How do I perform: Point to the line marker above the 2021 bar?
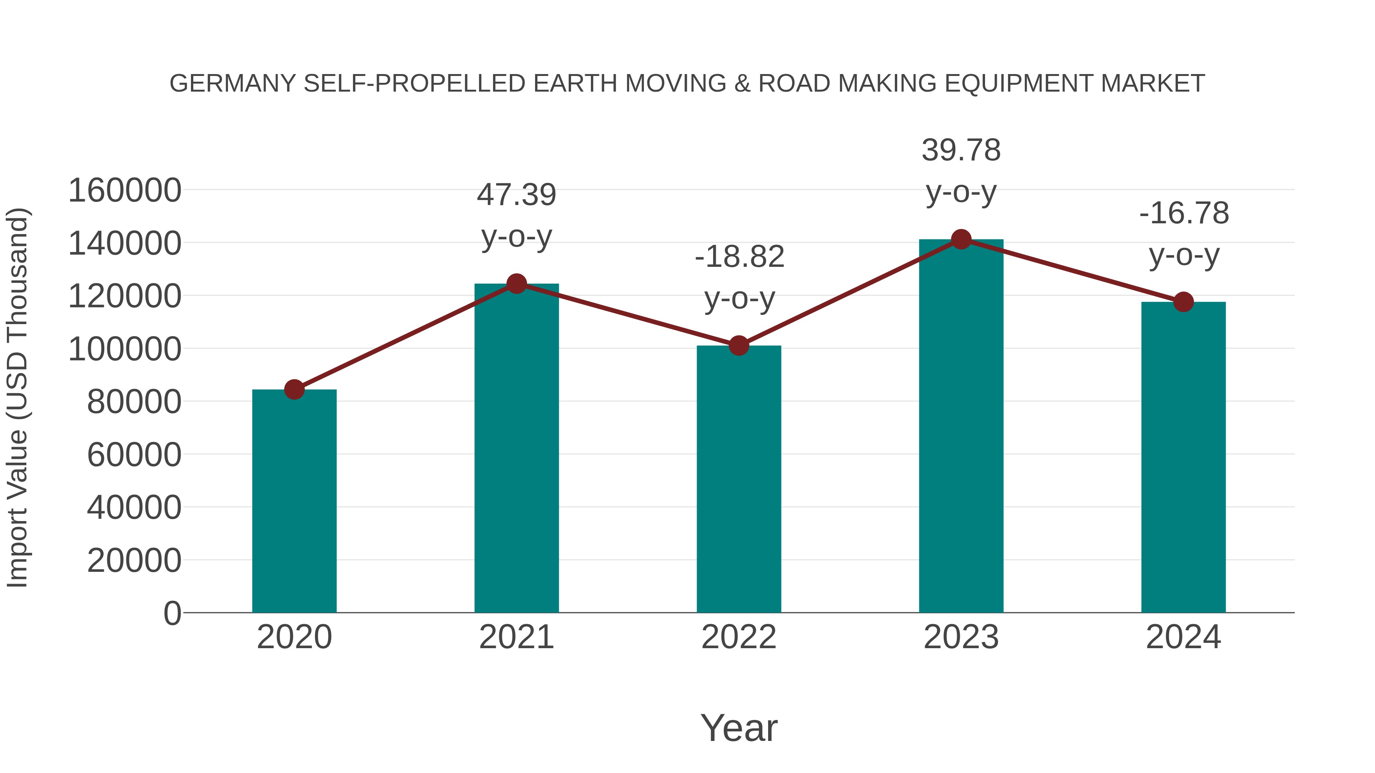[516, 284]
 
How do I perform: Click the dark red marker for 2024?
[1183, 302]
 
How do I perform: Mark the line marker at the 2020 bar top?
[294, 389]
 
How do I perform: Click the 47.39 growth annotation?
[516, 195]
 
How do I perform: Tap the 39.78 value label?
[961, 150]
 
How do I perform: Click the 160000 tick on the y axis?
[125, 190]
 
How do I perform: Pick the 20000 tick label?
[134, 561]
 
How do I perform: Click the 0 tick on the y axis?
[172, 613]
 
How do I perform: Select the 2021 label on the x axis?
[516, 637]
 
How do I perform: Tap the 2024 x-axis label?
[1183, 637]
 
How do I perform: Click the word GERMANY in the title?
[232, 84]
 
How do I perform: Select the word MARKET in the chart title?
[1152, 84]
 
